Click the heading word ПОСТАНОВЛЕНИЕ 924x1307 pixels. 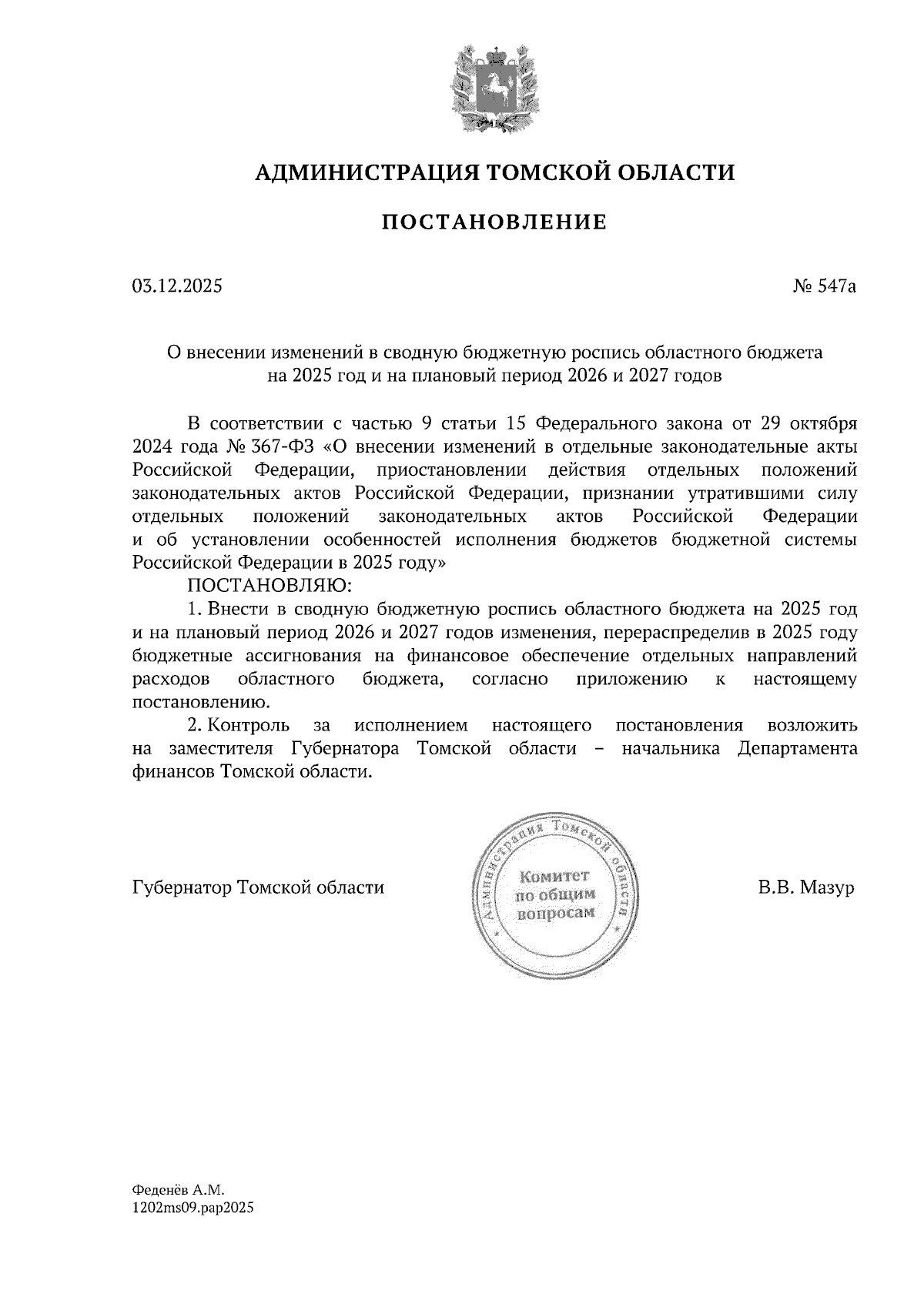494,223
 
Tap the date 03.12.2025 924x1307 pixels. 177,287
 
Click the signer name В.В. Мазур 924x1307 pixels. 806,887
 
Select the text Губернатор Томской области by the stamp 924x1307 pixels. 258,887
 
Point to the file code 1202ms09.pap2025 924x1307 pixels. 193,1208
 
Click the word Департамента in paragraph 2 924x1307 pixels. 797,748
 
